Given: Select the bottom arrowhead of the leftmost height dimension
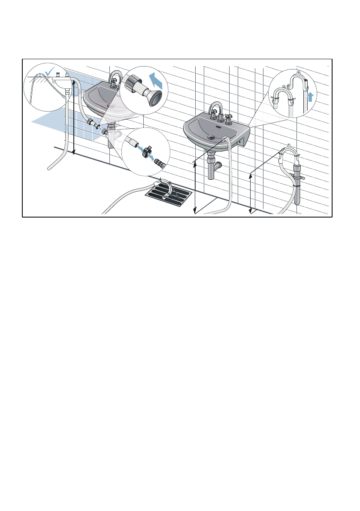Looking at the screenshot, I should (x=74, y=151).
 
